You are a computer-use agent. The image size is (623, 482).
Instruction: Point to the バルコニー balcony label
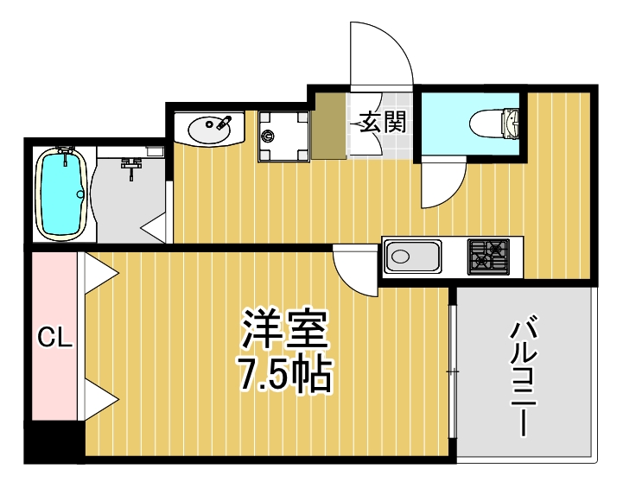pyautogui.click(x=524, y=377)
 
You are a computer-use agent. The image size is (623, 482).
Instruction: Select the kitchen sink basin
pyautogui.click(x=412, y=257)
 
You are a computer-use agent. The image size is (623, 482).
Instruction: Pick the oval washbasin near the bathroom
pyautogui.click(x=210, y=130)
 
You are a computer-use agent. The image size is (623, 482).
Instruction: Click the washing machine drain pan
pyautogui.click(x=283, y=136)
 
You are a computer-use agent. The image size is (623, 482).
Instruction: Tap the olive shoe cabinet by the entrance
pyautogui.click(x=329, y=126)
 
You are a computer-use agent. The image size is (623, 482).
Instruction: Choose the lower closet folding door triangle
pyautogui.click(x=99, y=400)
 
